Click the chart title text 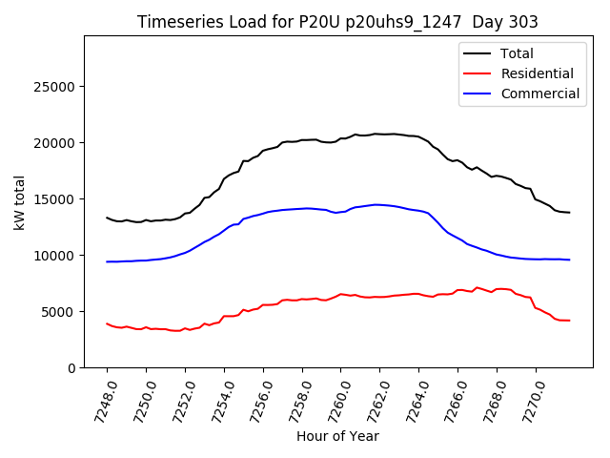click(337, 22)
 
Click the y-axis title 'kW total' click(20, 201)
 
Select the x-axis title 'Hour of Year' click(337, 436)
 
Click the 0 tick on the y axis click(72, 368)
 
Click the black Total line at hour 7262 click(380, 134)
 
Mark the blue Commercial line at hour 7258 click(302, 208)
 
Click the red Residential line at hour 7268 click(497, 288)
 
